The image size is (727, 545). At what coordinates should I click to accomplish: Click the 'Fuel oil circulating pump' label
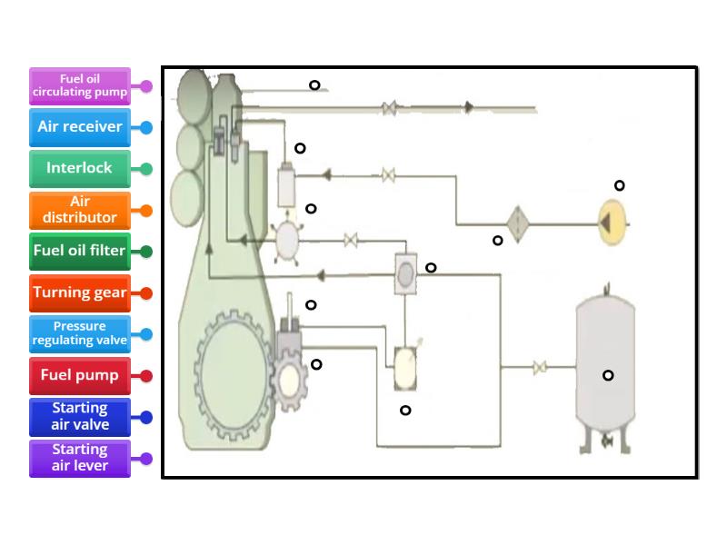79,85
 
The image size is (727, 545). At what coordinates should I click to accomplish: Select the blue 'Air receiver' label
79,127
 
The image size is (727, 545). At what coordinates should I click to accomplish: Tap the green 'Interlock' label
79,168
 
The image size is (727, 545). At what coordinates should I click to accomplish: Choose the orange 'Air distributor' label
79,210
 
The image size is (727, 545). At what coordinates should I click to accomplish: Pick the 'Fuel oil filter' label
79,251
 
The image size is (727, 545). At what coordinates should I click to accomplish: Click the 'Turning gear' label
79,292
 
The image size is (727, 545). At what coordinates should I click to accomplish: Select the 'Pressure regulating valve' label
79,333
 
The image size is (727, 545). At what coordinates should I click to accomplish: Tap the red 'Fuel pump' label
79,375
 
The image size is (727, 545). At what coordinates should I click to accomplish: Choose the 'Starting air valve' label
79,416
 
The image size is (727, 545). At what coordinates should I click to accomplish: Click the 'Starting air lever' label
79,458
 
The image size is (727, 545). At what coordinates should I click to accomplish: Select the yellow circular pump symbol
612,221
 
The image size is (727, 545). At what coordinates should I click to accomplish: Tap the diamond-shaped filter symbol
517,221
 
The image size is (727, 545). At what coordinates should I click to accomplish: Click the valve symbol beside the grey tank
539,368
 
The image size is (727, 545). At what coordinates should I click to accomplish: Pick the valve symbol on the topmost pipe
389,109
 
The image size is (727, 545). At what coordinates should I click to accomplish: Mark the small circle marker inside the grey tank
608,375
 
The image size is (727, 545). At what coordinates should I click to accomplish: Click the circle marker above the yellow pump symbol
619,185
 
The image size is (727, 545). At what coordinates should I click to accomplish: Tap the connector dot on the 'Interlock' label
146,168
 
